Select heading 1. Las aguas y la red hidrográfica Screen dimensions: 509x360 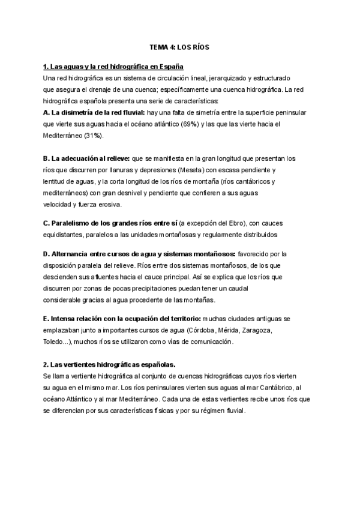point(113,67)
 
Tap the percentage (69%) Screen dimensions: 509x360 point(225,124)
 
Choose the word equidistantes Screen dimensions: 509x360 point(63,234)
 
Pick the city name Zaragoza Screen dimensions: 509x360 point(257,331)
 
